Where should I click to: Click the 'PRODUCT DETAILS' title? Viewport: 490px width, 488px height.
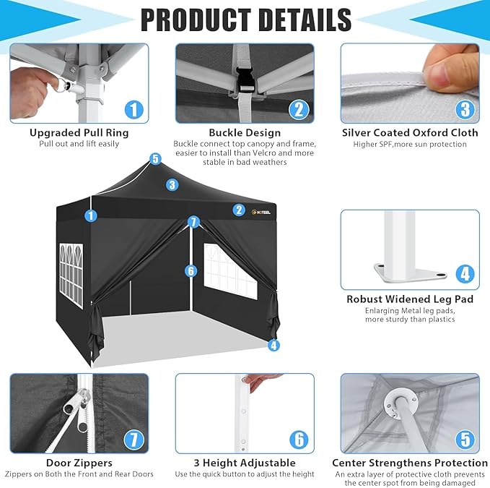[x=246, y=20]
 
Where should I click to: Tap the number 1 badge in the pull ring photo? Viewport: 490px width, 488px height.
[x=134, y=110]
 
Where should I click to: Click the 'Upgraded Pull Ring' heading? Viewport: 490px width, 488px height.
[x=79, y=133]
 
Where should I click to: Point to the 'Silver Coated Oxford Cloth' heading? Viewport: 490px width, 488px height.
[x=410, y=133]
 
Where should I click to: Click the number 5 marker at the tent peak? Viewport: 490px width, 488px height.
[x=155, y=159]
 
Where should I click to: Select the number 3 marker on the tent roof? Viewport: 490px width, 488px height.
[x=172, y=184]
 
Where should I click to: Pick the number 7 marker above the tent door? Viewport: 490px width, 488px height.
[x=193, y=222]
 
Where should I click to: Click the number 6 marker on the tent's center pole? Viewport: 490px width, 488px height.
[x=191, y=271]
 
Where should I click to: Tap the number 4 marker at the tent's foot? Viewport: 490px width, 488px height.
[x=274, y=346]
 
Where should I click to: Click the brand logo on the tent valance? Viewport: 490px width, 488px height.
[x=261, y=212]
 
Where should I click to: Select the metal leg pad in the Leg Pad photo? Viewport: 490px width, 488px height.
[x=411, y=273]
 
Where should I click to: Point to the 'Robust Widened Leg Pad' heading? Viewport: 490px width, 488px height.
[x=410, y=299]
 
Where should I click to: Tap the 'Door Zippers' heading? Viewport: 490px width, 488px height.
[x=79, y=463]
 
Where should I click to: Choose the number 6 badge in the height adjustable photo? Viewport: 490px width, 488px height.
[x=299, y=440]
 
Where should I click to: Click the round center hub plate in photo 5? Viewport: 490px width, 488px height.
[x=401, y=403]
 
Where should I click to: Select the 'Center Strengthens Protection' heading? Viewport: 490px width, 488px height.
[x=410, y=463]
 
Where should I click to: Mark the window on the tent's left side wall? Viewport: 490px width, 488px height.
[x=71, y=275]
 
